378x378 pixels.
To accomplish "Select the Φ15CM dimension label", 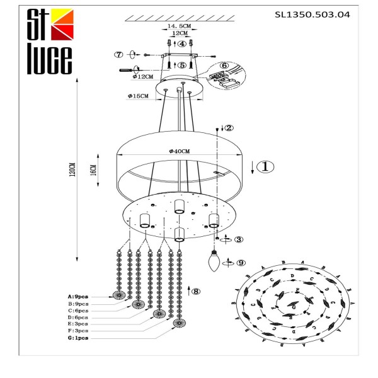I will pyautogui.click(x=137, y=96).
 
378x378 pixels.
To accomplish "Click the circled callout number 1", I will pyautogui.click(x=266, y=166).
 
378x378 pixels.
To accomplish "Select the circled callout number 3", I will pyautogui.click(x=238, y=239).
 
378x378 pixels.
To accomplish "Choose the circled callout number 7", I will pyautogui.click(x=117, y=54).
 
